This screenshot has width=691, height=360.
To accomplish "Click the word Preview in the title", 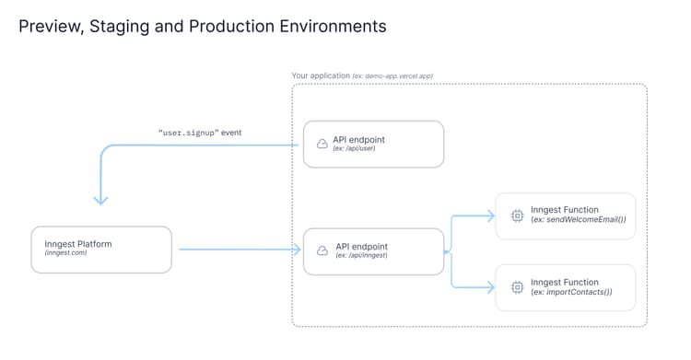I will click(x=49, y=26).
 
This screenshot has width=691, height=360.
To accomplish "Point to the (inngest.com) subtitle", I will click(x=64, y=255).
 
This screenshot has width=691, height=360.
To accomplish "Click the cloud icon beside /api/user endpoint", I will click(x=322, y=144).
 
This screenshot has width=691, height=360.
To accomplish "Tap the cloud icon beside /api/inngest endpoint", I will click(x=322, y=250).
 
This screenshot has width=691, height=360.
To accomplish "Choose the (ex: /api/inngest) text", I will click(x=361, y=256).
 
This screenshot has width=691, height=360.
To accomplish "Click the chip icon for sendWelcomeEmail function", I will click(x=517, y=215).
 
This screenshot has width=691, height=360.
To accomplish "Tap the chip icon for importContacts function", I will click(x=517, y=287).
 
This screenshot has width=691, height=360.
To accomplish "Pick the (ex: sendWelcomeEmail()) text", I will click(x=578, y=221).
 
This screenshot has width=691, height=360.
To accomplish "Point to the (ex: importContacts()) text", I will click(x=571, y=293).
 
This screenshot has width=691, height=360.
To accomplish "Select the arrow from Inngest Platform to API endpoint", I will click(x=240, y=250).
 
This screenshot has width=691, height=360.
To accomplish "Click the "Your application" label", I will click(x=320, y=75).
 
